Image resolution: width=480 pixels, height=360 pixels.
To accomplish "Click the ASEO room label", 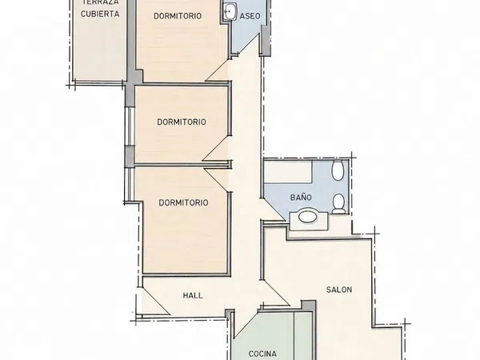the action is pyautogui.click(x=250, y=16).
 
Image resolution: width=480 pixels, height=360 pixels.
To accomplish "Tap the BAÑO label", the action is pyautogui.click(x=301, y=198).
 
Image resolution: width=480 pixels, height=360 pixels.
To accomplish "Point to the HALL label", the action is pyautogui.click(x=193, y=295).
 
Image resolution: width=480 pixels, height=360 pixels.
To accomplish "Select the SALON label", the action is pyautogui.click(x=339, y=290).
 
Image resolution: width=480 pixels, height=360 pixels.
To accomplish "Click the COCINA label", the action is pyautogui.click(x=262, y=354).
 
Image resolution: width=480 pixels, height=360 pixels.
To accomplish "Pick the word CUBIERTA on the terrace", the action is pyautogui.click(x=100, y=14).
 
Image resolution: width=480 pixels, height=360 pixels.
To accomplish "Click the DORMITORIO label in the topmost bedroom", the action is pyautogui.click(x=178, y=16).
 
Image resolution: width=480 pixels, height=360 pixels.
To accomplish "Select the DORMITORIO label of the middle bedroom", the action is pyautogui.click(x=182, y=122).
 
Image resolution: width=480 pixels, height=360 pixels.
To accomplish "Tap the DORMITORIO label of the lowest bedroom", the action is pyautogui.click(x=183, y=202).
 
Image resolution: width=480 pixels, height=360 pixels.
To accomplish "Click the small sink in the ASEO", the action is pyautogui.click(x=229, y=12).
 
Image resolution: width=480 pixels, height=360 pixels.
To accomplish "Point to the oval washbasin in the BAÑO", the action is pyautogui.click(x=308, y=217).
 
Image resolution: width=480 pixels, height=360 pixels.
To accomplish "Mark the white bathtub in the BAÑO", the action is pyautogui.click(x=288, y=171).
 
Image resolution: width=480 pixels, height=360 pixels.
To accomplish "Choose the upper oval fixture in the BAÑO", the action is pyautogui.click(x=338, y=170).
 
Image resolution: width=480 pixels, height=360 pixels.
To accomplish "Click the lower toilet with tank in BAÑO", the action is pyautogui.click(x=338, y=203).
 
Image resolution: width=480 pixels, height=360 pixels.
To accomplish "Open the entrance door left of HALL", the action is pyautogui.click(x=154, y=301).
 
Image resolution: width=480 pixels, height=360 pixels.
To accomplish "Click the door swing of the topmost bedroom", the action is pyautogui.click(x=218, y=70).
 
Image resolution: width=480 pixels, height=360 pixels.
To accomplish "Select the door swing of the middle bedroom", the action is pyautogui.click(x=216, y=148).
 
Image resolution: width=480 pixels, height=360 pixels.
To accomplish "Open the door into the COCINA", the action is pyautogui.click(x=246, y=325).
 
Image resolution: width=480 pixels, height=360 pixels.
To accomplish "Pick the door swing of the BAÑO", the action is pyautogui.click(x=273, y=209).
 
